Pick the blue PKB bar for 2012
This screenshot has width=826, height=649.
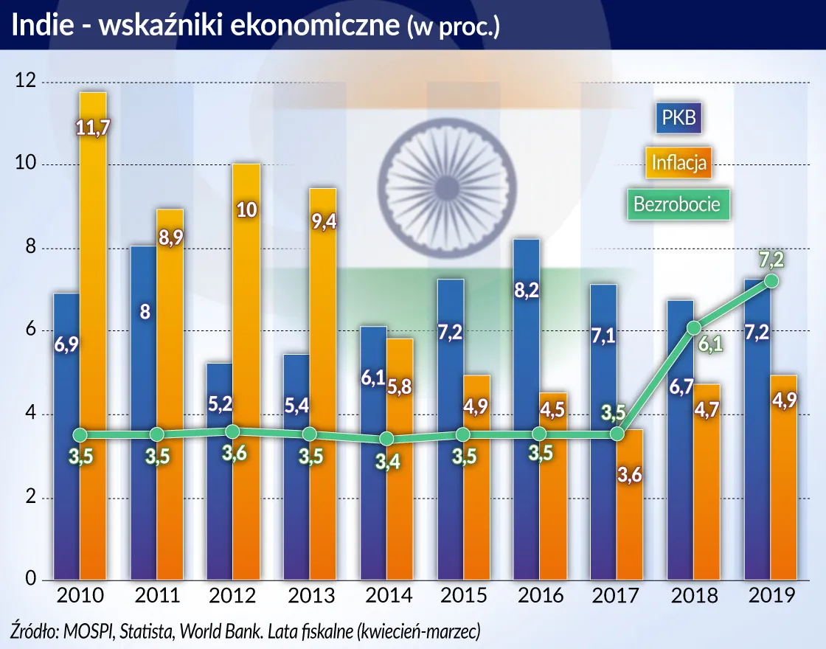(220, 472)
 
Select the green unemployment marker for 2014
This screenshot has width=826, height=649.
(386, 439)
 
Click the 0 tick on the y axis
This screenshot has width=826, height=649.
(31, 580)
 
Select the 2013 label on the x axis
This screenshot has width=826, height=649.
(309, 595)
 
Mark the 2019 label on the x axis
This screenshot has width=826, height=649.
(770, 595)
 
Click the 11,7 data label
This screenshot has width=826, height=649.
(94, 128)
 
